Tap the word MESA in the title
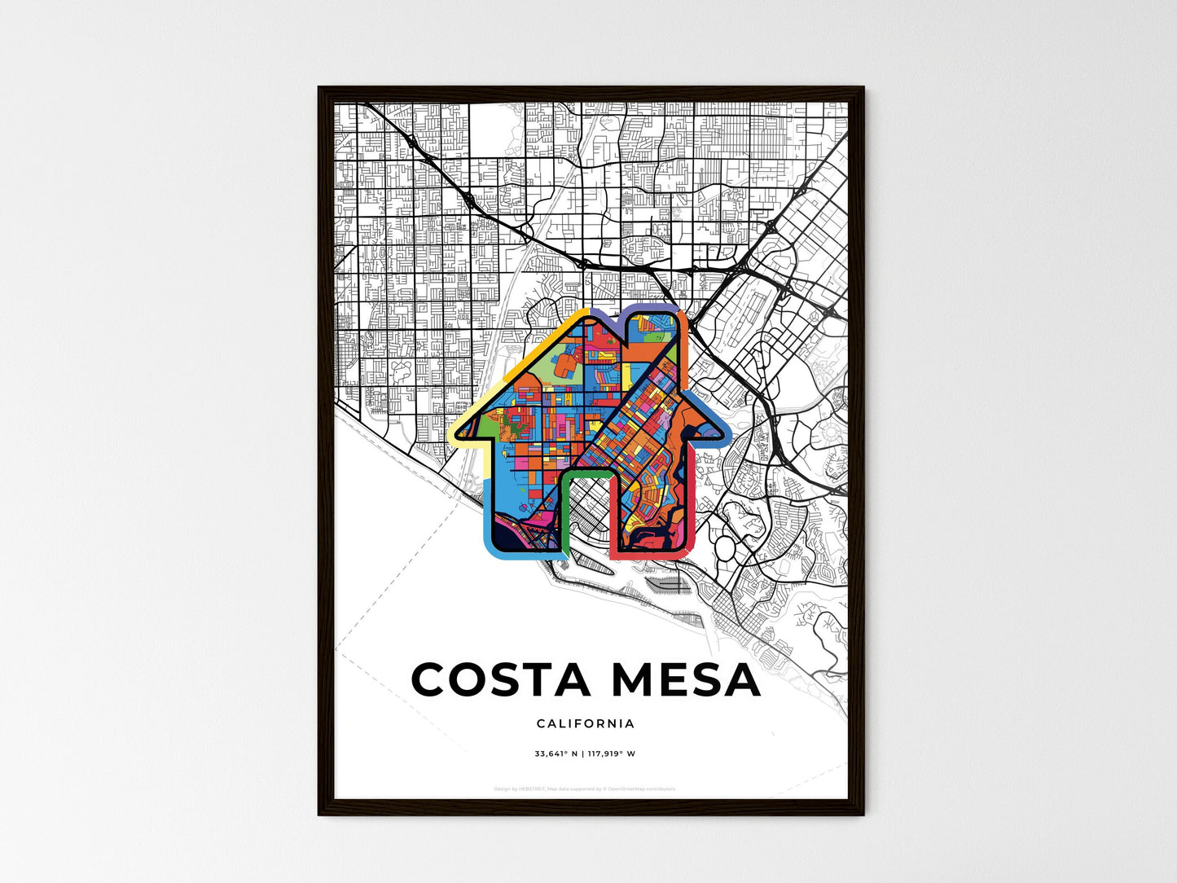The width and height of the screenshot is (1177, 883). [686, 680]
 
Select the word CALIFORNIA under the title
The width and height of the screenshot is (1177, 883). [586, 723]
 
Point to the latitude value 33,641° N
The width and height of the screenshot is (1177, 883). [556, 753]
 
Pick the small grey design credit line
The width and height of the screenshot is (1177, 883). [585, 789]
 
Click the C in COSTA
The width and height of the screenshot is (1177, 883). [429, 680]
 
